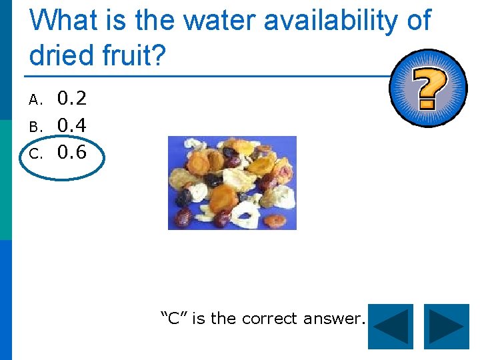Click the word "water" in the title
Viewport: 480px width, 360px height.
[219, 21]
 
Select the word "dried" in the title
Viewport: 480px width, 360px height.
[63, 55]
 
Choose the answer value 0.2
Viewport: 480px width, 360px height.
[71, 99]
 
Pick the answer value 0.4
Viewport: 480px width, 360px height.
[71, 125]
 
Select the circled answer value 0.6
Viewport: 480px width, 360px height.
[71, 152]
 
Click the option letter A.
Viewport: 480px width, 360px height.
[35, 101]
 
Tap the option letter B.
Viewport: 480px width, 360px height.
[35, 127]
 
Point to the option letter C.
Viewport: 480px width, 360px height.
[35, 153]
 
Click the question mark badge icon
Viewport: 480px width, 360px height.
[429, 88]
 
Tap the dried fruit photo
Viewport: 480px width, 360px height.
[232, 183]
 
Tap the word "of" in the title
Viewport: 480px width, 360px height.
[417, 21]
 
